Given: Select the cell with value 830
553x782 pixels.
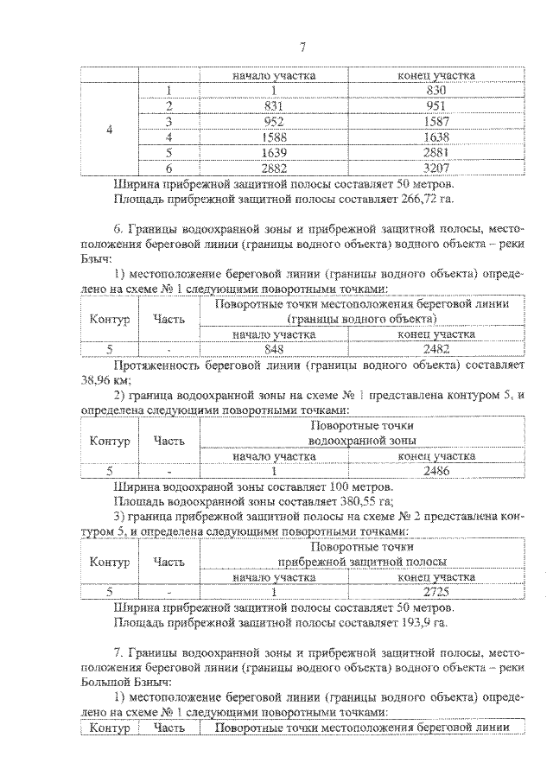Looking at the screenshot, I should pyautogui.click(x=435, y=91).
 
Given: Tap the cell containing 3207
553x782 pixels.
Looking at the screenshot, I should pyautogui.click(x=435, y=168).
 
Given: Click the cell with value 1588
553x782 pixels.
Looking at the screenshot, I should pyautogui.click(x=273, y=137).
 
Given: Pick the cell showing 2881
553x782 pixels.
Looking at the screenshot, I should pyautogui.click(x=435, y=152).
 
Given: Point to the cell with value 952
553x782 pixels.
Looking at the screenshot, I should pyautogui.click(x=273, y=121).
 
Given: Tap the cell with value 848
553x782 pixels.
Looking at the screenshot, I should pyautogui.click(x=273, y=348).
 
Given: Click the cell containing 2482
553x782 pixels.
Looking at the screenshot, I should pyautogui.click(x=435, y=348).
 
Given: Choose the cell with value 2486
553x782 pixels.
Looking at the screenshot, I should pyautogui.click(x=435, y=471).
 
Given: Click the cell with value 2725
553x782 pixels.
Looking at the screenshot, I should pyautogui.click(x=435, y=593).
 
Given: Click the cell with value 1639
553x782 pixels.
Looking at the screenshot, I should pyautogui.click(x=273, y=152).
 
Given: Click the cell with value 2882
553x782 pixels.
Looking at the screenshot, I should pyautogui.click(x=273, y=168).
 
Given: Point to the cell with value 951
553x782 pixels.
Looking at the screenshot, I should pyautogui.click(x=435, y=105).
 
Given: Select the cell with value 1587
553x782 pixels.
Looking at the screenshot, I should pyautogui.click(x=435, y=121).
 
